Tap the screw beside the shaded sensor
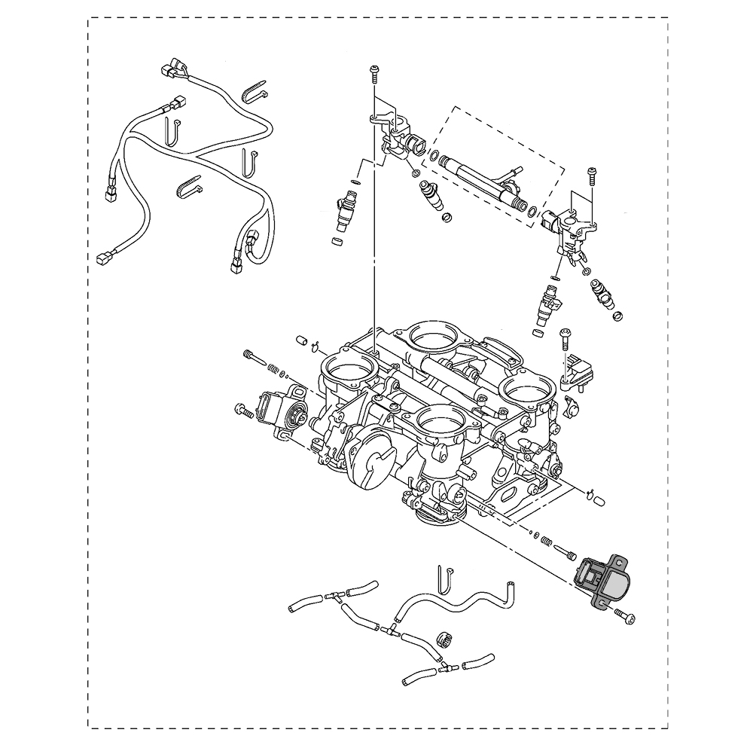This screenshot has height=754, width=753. (624, 616)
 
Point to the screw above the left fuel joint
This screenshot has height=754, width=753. (374, 74)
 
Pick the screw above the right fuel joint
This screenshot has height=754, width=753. (591, 175)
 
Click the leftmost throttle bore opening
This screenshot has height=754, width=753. (349, 368)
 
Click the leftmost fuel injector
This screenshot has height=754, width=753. (346, 210)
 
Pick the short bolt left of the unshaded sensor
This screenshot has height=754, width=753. (243, 410)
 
